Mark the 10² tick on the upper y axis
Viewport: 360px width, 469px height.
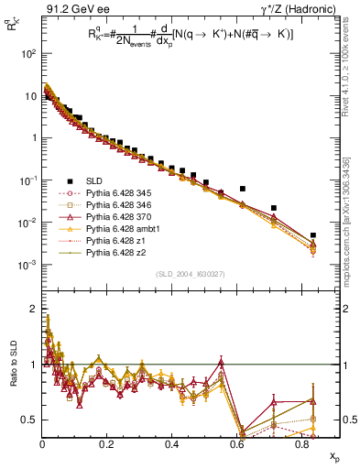(x=27, y=53)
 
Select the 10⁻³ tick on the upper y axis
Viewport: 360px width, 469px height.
(x=27, y=265)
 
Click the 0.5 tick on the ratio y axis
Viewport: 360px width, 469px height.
(x=27, y=420)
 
